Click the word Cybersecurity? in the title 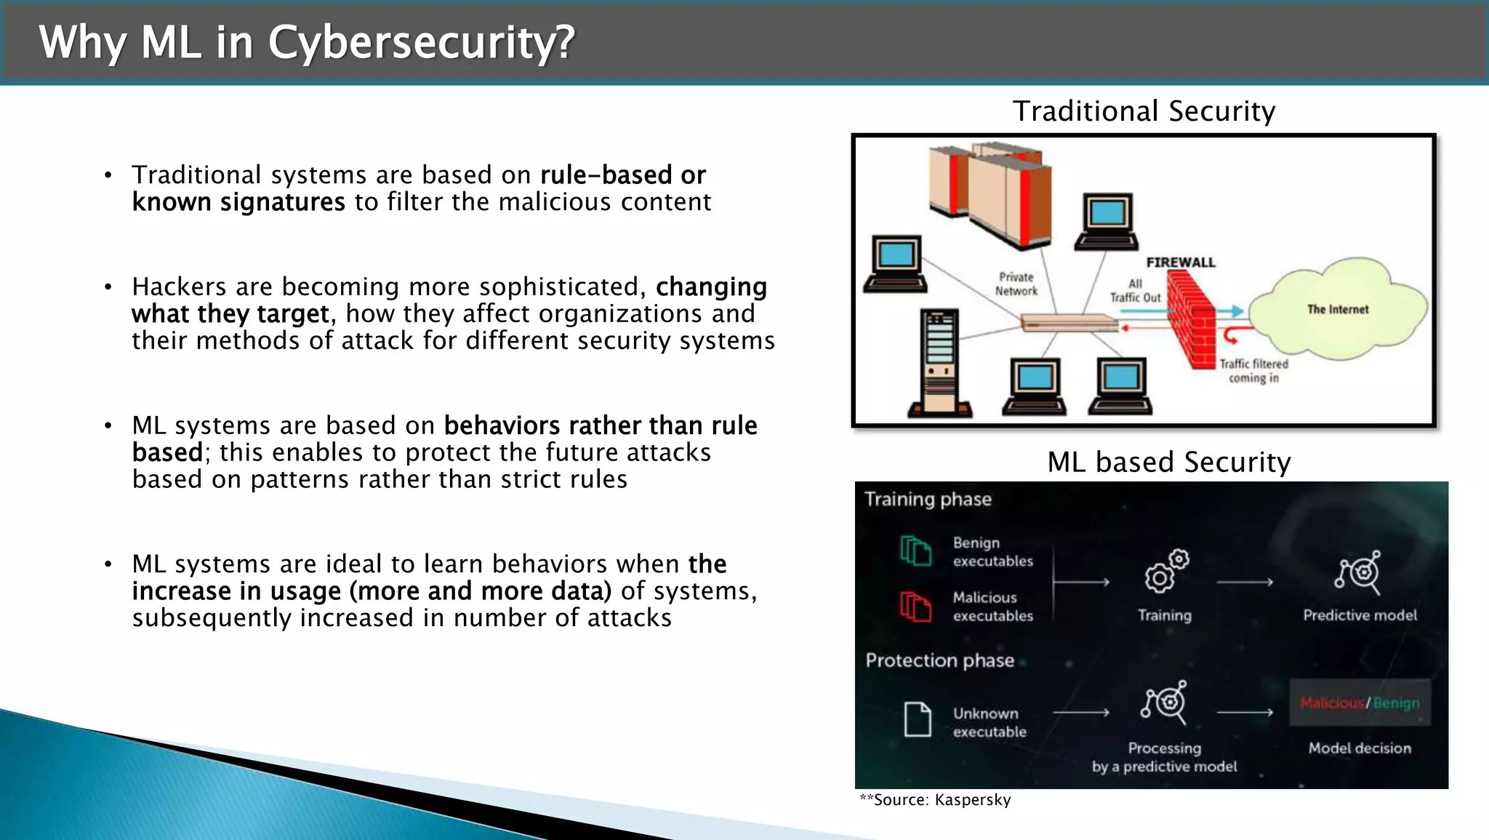coord(422,42)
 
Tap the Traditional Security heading coord(1144,111)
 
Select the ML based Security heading coord(1168,463)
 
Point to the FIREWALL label coord(1180,263)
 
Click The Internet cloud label coord(1337,309)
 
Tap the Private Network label coord(1016,284)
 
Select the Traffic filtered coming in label coord(1253,370)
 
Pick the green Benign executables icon coord(915,551)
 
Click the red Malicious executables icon coord(915,606)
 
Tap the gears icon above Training coord(1165,571)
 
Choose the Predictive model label coord(1360,615)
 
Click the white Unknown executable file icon coord(918,719)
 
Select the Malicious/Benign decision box coord(1360,703)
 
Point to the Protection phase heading coord(939,660)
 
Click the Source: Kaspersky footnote coord(935,800)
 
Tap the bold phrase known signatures coord(238,202)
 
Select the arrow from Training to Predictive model coord(1245,582)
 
